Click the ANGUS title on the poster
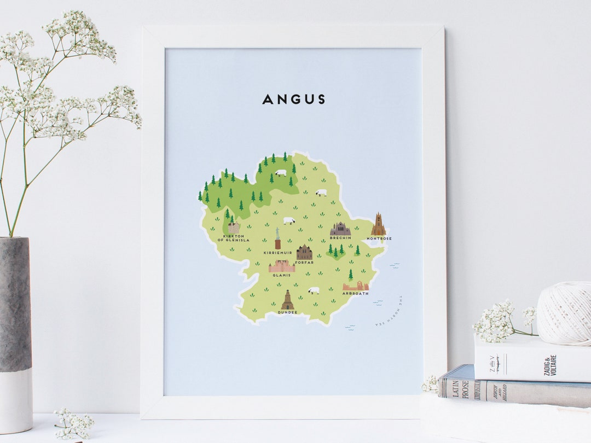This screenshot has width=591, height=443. (x=293, y=100)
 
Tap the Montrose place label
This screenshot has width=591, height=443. (x=379, y=239)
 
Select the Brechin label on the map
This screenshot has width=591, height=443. (x=340, y=238)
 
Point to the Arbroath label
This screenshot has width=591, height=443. (x=355, y=294)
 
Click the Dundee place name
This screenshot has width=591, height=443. (x=287, y=312)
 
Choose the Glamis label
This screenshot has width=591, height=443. (x=282, y=275)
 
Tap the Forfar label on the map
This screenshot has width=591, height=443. (x=304, y=263)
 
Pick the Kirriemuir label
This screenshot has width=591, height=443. (x=277, y=253)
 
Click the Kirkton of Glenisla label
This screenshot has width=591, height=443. (x=233, y=238)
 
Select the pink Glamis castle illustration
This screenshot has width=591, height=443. (x=282, y=266)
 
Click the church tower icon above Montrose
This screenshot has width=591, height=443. (x=378, y=224)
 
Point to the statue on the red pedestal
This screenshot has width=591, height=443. (x=277, y=239)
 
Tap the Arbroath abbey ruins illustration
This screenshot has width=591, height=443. (x=356, y=285)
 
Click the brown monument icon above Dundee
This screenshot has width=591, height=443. (x=287, y=300)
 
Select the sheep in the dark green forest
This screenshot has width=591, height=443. (x=281, y=173)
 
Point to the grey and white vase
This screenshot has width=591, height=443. (x=15, y=334)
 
